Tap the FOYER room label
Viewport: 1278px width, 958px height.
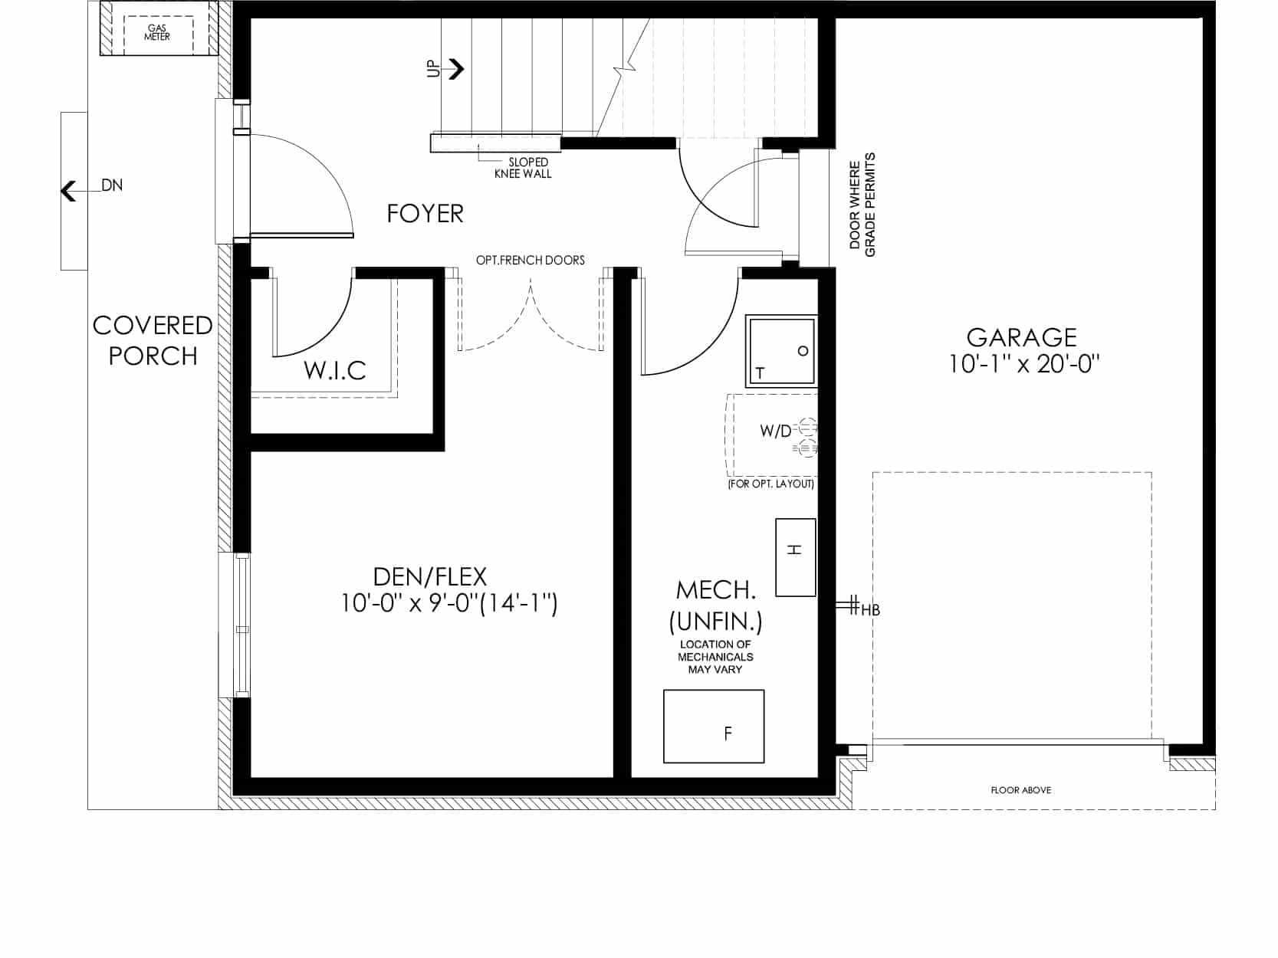(425, 214)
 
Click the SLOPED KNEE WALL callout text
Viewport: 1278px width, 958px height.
(523, 168)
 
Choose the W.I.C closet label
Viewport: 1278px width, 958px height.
(335, 371)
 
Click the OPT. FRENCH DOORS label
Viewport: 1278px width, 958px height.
(531, 260)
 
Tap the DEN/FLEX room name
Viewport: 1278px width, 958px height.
(429, 577)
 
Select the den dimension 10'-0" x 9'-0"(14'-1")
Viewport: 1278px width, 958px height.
(449, 604)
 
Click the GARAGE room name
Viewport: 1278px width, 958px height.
(1022, 337)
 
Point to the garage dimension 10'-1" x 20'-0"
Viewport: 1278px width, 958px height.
(1024, 364)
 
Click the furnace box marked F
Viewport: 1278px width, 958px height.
(714, 727)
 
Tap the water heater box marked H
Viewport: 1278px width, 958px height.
(795, 558)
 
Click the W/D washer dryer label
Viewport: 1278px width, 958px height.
(776, 431)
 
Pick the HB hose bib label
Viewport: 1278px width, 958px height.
(870, 611)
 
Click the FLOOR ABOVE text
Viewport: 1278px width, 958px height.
(1021, 790)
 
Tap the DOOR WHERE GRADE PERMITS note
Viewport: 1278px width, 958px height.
(862, 205)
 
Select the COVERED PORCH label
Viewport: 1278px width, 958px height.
(153, 340)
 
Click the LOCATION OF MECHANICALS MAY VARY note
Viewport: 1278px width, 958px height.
(715, 657)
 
